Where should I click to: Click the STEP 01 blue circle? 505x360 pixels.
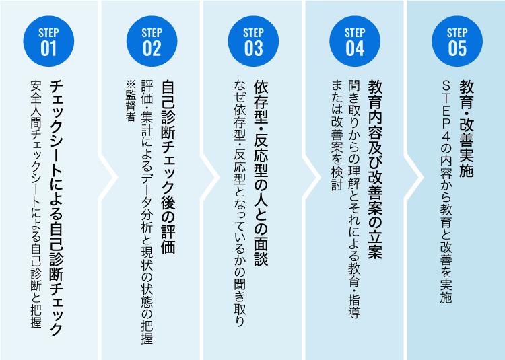point(49,42)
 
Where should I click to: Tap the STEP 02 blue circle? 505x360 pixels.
point(151,42)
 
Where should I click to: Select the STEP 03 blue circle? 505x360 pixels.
point(253,42)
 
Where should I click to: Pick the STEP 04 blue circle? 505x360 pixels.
point(355,42)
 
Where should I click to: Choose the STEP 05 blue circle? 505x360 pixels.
point(457,42)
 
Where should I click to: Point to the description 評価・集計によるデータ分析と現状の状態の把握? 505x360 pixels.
point(147,213)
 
